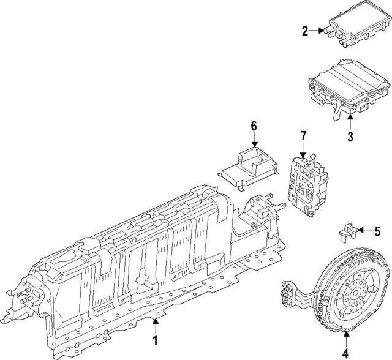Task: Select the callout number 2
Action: point(304,30)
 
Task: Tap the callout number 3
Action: point(350,137)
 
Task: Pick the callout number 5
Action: point(377,231)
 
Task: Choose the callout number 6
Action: point(254,127)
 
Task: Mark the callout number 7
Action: point(303,136)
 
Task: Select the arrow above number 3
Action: point(350,121)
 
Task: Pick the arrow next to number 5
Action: point(364,231)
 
